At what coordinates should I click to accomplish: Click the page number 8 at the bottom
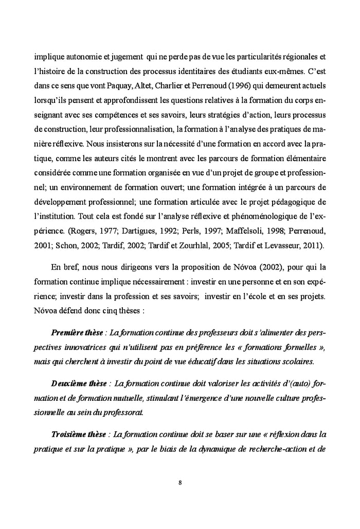[180, 483]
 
